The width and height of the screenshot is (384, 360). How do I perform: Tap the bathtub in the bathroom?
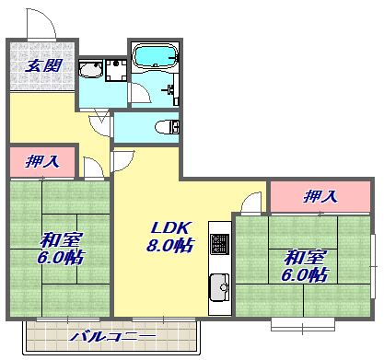pyautogui.click(x=157, y=57)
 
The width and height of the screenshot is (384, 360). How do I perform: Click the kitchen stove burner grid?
pyautogui.click(x=219, y=244)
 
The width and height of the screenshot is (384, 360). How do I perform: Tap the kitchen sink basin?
pyautogui.click(x=219, y=285)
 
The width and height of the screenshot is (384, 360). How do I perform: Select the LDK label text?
pyautogui.click(x=169, y=226)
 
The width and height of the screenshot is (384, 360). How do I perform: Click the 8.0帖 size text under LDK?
pyautogui.click(x=171, y=246)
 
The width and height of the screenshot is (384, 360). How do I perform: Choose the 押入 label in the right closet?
pyautogui.click(x=320, y=196)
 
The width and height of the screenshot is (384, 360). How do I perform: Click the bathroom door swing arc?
pyautogui.click(x=138, y=92)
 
